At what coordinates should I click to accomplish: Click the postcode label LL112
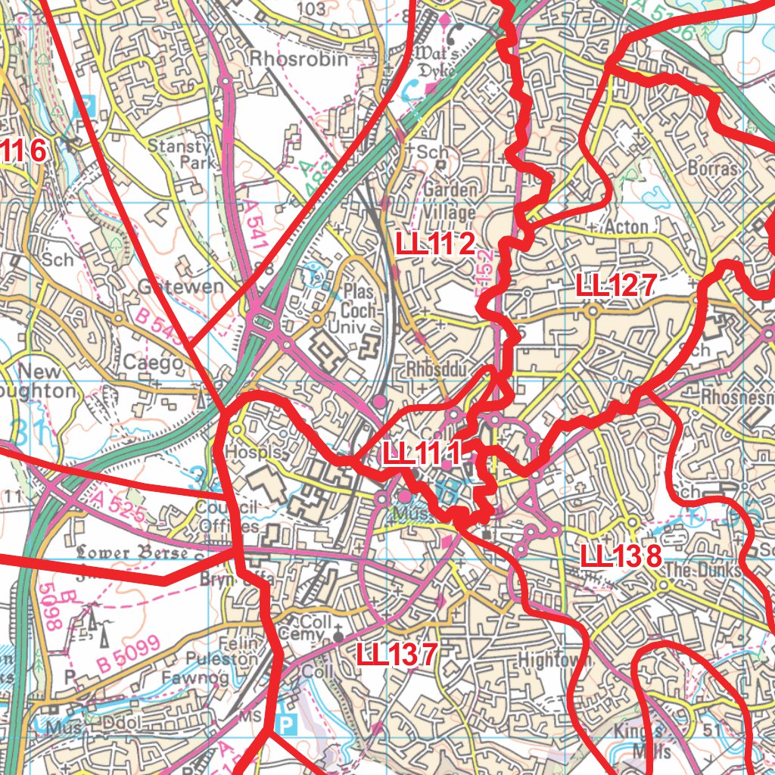436,244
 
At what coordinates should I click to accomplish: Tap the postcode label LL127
615,286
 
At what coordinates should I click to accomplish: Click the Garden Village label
450,201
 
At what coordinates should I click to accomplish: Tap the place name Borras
712,168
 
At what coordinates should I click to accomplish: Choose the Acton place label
626,227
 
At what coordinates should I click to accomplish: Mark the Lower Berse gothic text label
132,552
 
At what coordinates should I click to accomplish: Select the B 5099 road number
129,655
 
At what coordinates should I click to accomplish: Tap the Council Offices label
228,517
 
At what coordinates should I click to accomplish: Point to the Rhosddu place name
438,369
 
